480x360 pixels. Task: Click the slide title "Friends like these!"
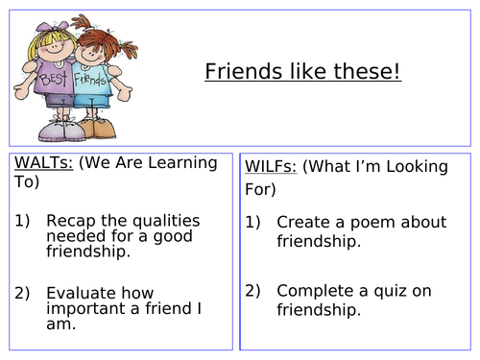[302, 72]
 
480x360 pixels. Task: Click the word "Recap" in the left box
[68, 221]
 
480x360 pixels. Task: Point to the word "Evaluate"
[81, 293]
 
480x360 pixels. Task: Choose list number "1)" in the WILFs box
[253, 221]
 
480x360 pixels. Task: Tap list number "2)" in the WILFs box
[253, 289]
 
